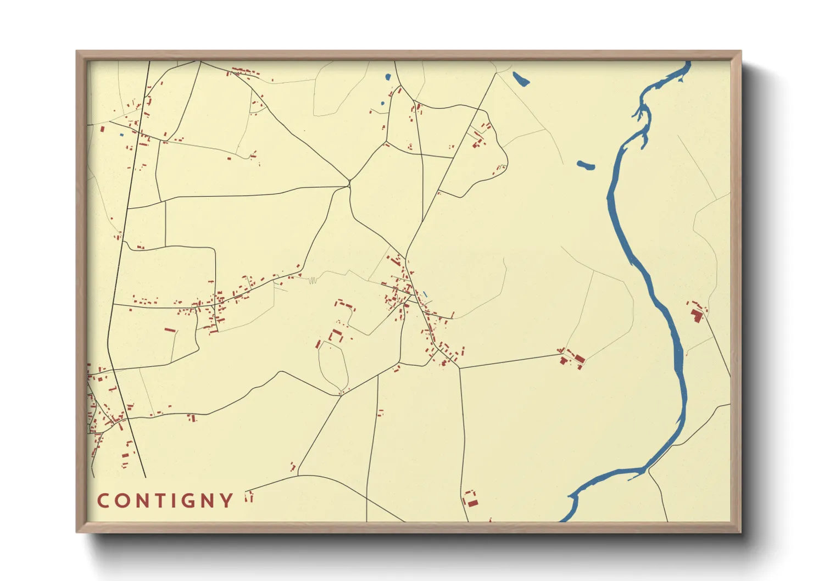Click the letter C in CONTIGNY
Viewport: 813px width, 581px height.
103,501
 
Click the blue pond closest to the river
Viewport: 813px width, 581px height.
586,165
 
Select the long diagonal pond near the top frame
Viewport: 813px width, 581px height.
520,79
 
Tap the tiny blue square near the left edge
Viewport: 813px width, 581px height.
121,135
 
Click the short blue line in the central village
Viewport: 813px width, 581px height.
425,294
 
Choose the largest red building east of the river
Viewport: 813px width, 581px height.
697,315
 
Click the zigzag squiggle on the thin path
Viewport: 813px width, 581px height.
312,281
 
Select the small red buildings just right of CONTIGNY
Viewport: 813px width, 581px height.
249,497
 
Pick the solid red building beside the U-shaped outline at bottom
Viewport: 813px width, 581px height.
472,503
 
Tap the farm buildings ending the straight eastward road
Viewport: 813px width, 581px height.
572,359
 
